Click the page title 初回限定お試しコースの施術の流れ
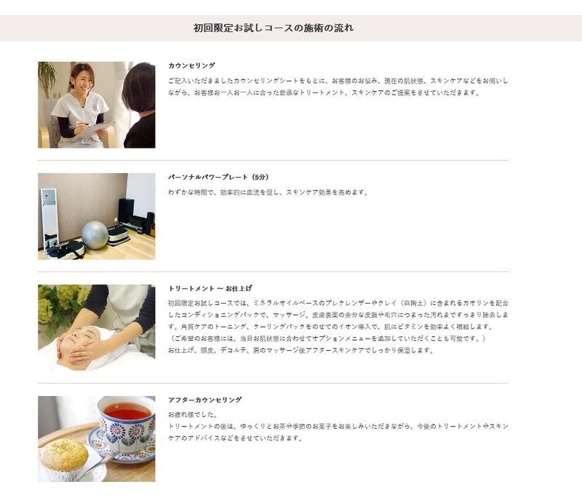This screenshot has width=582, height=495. click(274, 28)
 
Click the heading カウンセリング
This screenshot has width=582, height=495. click(191, 66)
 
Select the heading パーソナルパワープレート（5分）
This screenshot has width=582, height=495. click(218, 177)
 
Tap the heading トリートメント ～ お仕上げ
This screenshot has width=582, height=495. click(210, 288)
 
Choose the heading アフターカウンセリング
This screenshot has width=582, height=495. click(205, 400)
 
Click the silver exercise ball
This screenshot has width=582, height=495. click(95, 234)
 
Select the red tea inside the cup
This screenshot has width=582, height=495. click(127, 411)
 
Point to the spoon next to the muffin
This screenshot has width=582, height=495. click(97, 465)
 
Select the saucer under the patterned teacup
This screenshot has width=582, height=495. click(122, 445)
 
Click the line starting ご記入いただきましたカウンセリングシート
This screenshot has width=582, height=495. click(338, 81)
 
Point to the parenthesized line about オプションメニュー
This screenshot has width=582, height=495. click(327, 338)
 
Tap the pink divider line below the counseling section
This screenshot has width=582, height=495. click(274, 160)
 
